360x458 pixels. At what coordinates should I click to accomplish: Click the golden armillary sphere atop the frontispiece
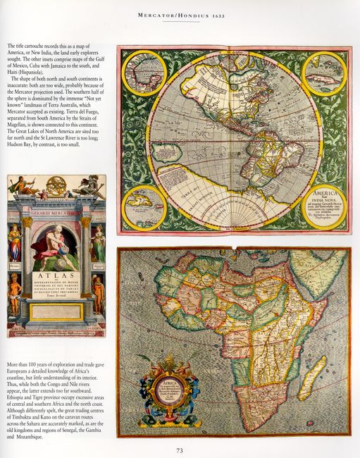57,185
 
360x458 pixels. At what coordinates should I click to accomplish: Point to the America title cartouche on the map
323,205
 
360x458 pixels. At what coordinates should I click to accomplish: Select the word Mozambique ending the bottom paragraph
46,437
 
